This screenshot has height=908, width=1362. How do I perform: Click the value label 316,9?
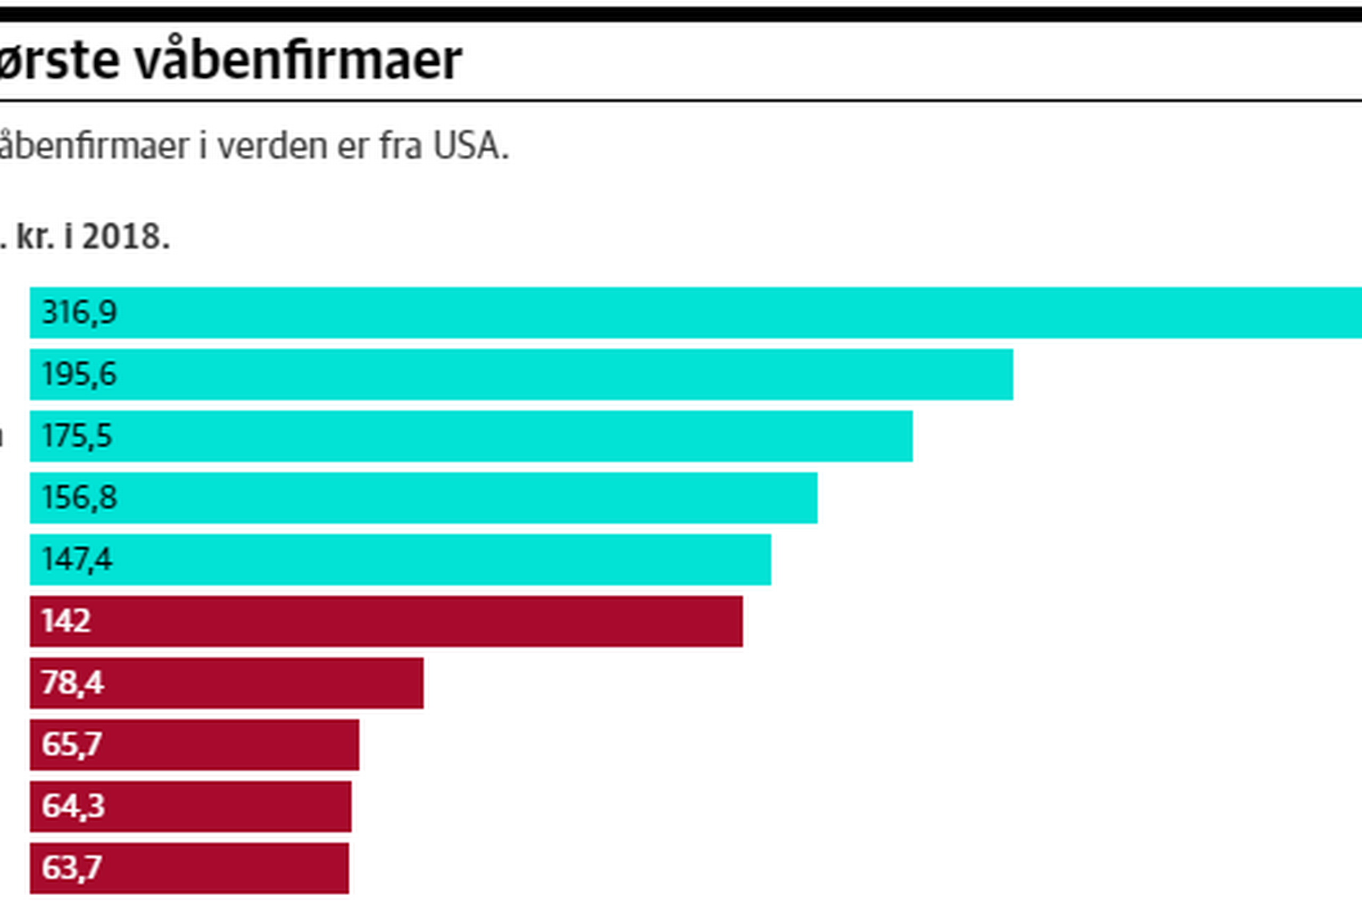(x=79, y=313)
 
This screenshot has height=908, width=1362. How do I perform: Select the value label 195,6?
(x=79, y=374)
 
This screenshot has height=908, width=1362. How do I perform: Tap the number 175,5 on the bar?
(x=77, y=436)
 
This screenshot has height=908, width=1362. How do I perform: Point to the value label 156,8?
(x=79, y=497)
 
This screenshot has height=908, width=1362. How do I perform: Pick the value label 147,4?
(x=77, y=560)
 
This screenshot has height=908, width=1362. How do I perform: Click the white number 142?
(x=66, y=621)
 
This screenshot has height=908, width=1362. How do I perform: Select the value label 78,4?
(x=72, y=683)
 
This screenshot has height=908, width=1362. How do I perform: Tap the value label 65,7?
(x=72, y=744)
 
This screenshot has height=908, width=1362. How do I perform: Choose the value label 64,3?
(x=73, y=806)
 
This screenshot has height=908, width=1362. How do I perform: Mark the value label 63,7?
(x=72, y=868)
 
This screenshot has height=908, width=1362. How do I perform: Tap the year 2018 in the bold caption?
(x=123, y=237)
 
